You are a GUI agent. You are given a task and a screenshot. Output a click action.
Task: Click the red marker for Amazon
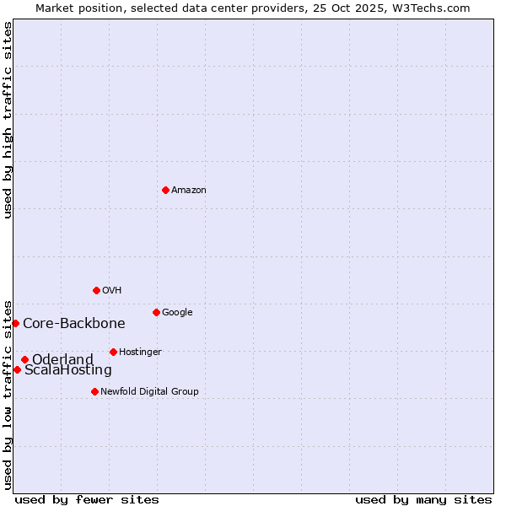(165, 190)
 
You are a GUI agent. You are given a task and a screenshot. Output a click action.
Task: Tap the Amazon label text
(188, 191)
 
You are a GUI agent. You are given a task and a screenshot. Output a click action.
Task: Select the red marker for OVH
(96, 290)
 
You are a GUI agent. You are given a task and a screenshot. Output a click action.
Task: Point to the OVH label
(111, 291)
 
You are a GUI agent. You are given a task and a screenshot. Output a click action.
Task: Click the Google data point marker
(156, 312)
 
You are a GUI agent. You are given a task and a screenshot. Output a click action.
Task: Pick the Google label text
(177, 313)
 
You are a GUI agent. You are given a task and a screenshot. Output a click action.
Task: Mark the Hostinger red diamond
(113, 352)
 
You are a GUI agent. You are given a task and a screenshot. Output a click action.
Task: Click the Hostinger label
(140, 353)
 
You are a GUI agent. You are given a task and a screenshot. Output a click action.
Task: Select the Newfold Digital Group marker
(94, 391)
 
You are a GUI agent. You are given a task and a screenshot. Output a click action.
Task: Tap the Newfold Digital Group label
(149, 391)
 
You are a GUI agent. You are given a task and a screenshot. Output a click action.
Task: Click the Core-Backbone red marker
(15, 323)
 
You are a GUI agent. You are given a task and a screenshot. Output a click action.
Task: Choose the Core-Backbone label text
(73, 323)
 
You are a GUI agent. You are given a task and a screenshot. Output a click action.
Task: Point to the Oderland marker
(24, 359)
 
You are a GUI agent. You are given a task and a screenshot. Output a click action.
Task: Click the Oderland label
(62, 360)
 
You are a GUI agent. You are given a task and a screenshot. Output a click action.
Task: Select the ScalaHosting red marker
(17, 369)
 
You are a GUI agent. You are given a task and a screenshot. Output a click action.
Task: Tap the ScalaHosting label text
(67, 370)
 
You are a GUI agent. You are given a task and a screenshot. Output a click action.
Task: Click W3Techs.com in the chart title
(434, 8)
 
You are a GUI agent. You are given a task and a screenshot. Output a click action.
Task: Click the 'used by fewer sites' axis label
(87, 499)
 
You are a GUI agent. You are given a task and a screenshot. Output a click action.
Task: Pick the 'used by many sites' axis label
(423, 499)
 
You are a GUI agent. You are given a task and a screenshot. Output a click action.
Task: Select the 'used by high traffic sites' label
(8, 120)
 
